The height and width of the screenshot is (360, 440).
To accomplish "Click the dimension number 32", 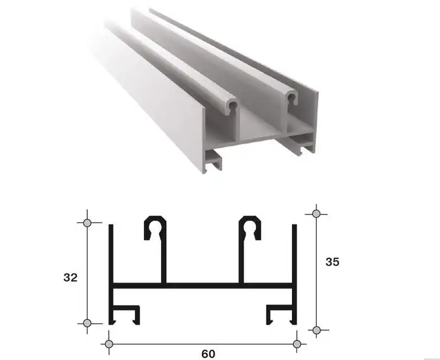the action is point(70,278).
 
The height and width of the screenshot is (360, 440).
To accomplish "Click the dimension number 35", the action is point(332,262).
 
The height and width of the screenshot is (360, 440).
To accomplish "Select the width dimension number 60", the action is point(208,354).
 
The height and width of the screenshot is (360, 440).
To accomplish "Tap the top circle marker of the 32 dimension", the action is point(87,223).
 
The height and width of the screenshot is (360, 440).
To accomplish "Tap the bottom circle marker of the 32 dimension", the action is point(87,323).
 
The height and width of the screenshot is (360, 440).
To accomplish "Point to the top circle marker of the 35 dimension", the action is point(316,214).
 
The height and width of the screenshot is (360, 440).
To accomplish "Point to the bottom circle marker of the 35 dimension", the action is point(317,330).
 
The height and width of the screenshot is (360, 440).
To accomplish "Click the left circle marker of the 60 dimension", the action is point(109,343).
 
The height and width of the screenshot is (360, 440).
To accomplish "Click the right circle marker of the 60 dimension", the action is point(297,343).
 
